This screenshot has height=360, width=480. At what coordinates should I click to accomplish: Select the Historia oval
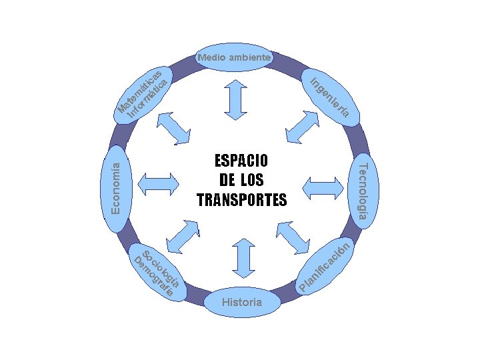(242, 302)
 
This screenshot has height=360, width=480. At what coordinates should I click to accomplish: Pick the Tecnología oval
(364, 191)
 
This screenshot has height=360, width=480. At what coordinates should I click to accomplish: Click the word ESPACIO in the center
(241, 161)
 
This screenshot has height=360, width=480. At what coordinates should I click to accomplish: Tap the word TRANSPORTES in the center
(241, 199)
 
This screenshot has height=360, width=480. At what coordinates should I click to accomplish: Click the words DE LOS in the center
(241, 180)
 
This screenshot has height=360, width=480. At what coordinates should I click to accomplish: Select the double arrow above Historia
(242, 256)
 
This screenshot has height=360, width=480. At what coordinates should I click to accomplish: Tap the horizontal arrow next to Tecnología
(325, 189)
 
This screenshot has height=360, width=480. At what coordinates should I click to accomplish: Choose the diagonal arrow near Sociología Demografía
(183, 235)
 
